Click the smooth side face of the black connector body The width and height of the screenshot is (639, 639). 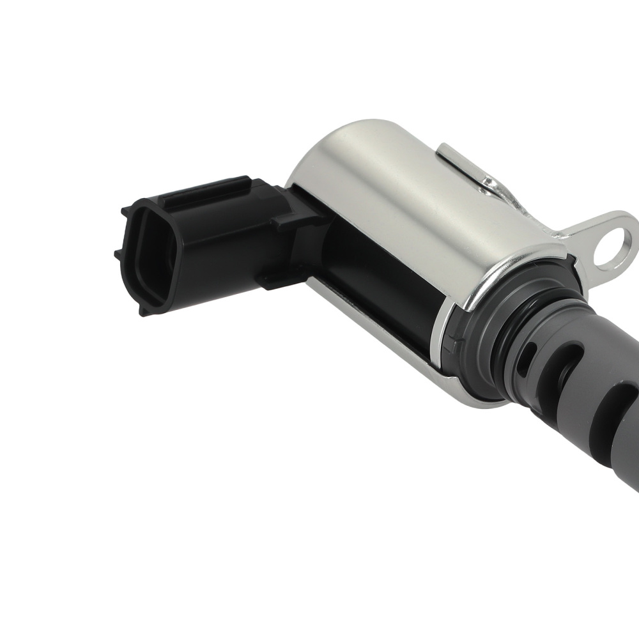(224, 249)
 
